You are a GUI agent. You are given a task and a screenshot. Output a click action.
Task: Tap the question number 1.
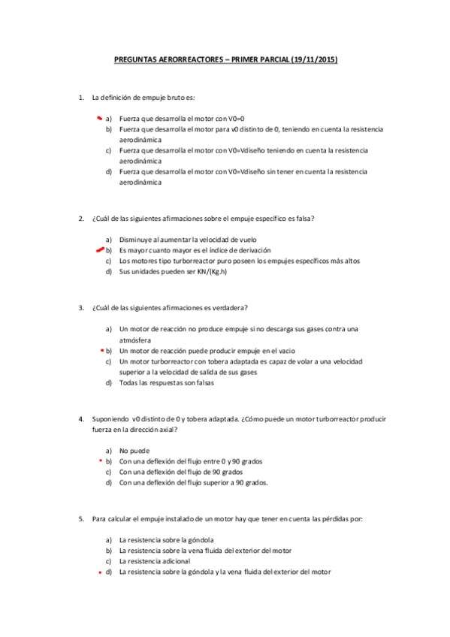[80, 98]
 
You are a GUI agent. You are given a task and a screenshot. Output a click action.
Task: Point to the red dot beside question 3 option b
[101, 350]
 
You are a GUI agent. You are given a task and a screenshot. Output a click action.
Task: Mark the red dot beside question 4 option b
[101, 460]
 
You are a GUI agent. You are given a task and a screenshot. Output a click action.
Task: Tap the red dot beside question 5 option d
[101, 572]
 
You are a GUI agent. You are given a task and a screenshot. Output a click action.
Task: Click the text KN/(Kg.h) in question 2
[207, 271]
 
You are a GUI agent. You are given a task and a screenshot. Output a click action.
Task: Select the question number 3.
[80, 307]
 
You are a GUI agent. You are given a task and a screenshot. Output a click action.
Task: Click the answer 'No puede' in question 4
[134, 450]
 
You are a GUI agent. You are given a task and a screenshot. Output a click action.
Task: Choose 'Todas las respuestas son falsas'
[167, 383]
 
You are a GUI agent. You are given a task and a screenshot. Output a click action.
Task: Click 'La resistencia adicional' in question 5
[155, 561]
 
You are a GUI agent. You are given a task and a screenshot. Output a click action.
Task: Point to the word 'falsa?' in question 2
[303, 219]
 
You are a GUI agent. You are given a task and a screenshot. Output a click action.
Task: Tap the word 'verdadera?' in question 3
[230, 307]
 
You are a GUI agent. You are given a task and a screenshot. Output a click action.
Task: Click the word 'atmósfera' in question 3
[135, 340]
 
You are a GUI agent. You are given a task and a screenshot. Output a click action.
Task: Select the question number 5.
[80, 518]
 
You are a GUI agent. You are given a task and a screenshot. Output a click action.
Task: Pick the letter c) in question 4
[109, 472]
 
